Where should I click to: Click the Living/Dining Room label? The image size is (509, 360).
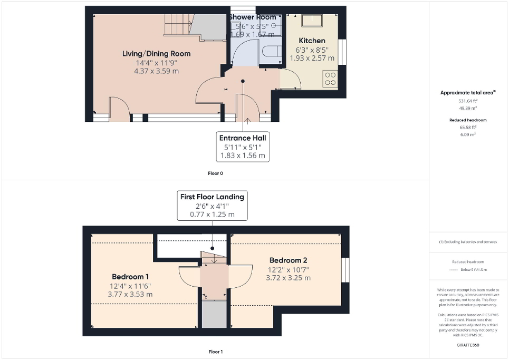click(x=156, y=54)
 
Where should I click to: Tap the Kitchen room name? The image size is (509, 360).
click(x=312, y=41)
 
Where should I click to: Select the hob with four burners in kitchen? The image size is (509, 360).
click(x=330, y=79)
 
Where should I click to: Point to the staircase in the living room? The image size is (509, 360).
click(x=179, y=25)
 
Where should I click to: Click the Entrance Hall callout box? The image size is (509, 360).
click(x=244, y=147)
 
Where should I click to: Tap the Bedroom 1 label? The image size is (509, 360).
click(x=130, y=277)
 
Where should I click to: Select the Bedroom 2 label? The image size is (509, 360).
click(x=288, y=260)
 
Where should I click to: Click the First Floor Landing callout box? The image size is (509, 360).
click(x=212, y=206)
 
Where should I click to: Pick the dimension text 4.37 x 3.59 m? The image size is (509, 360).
click(x=157, y=71)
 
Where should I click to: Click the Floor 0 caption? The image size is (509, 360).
click(x=215, y=173)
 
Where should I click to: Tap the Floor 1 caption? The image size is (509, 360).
click(x=215, y=351)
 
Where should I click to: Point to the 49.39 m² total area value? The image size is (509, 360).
click(x=468, y=108)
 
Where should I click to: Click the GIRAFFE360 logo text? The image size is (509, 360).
click(x=468, y=345)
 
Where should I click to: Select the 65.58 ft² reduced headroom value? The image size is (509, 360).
click(x=468, y=127)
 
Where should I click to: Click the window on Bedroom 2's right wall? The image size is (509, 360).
click(x=345, y=268)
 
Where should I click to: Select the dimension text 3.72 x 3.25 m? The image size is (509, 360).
click(x=288, y=278)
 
